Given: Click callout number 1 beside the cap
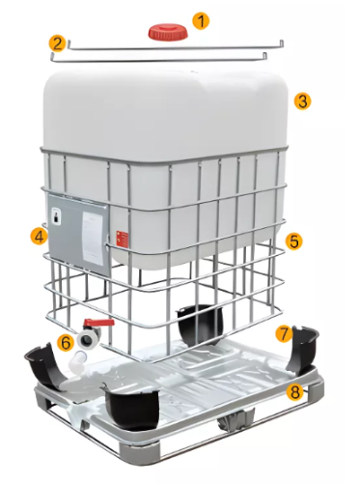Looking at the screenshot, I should (200, 19).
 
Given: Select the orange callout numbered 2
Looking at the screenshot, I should (58, 43).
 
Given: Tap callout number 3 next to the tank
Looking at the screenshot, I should (302, 100).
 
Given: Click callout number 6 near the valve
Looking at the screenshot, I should (65, 342).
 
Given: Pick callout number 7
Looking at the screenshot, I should (284, 333).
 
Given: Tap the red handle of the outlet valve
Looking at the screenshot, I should (97, 326).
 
